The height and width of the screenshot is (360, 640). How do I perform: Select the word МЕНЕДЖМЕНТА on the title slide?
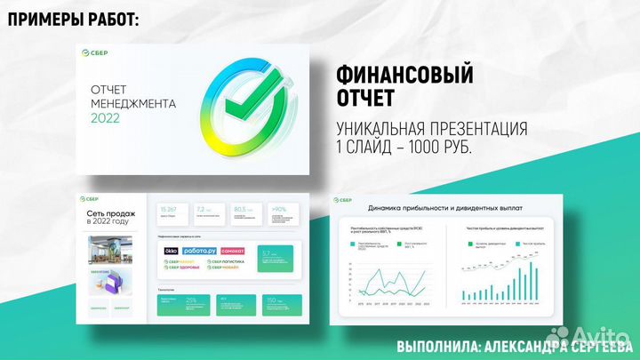(x=133, y=104)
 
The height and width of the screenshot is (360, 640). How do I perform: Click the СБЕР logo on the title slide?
(x=99, y=54)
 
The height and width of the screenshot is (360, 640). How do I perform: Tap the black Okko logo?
(x=172, y=252)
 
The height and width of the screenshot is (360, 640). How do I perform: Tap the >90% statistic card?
(x=284, y=212)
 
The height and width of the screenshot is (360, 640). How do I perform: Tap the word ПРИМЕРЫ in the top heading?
(x=44, y=19)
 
